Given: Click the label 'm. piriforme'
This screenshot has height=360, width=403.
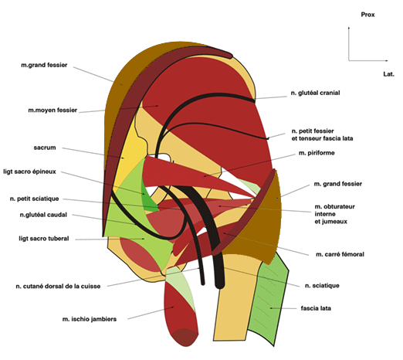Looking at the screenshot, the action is click(x=317, y=153).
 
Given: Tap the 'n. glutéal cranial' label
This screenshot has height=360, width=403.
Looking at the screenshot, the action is click(x=315, y=93).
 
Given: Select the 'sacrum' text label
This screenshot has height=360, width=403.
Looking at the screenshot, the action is click(x=45, y=148).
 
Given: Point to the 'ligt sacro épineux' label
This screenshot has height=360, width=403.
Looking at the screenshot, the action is click(x=29, y=172).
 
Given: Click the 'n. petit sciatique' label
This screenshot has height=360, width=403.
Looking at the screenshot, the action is click(x=35, y=199).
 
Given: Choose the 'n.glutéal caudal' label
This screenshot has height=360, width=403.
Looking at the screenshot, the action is click(x=43, y=215).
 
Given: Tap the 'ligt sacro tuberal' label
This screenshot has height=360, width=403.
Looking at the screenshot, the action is click(x=44, y=239).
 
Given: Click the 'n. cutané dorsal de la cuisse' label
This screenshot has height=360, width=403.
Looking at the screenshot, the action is click(x=58, y=286).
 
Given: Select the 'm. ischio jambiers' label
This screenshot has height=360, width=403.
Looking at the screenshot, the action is click(x=90, y=319).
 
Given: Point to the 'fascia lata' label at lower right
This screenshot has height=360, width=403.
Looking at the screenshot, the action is click(x=316, y=308).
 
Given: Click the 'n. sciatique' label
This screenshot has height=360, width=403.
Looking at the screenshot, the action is click(x=322, y=286).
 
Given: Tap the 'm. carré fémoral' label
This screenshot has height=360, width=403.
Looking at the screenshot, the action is click(x=340, y=254).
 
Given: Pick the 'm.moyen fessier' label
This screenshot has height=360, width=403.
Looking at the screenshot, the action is click(x=52, y=110).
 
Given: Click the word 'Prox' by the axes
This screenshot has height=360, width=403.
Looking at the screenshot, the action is click(x=367, y=15).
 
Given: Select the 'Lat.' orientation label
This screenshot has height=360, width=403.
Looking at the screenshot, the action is click(x=388, y=74).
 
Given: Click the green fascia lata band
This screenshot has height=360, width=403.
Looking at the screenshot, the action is click(x=269, y=299).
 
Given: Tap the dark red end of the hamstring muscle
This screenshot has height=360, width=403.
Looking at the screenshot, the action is click(x=185, y=338).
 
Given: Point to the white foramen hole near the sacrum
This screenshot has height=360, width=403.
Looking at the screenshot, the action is click(x=164, y=158).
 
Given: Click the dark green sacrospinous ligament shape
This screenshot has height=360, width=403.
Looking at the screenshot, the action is click(x=149, y=198).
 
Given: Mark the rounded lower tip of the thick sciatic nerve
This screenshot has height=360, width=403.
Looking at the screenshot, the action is click(x=220, y=285).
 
